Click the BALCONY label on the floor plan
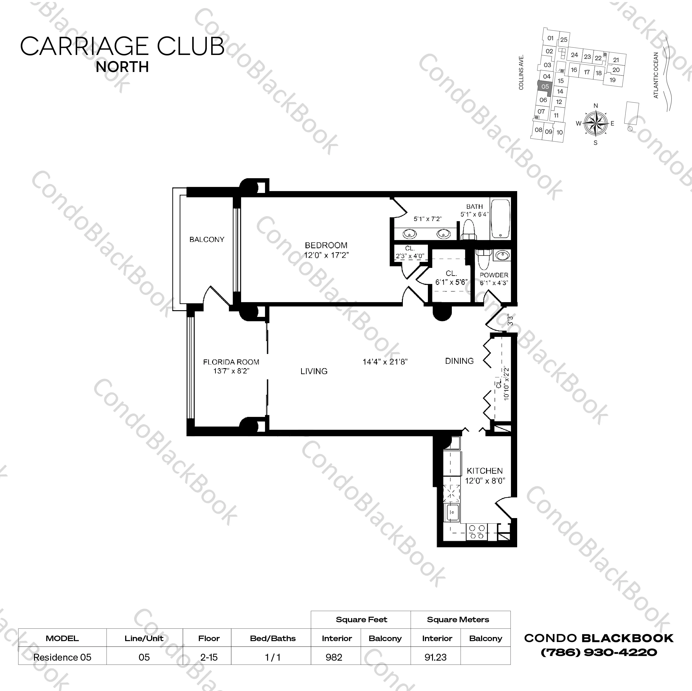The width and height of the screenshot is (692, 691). (207, 240)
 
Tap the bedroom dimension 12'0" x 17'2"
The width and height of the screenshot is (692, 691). (326, 255)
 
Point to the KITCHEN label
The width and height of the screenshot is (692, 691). (485, 471)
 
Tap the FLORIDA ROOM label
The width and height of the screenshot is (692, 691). (231, 362)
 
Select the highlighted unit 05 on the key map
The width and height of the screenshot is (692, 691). (545, 87)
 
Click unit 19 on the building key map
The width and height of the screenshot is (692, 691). (612, 80)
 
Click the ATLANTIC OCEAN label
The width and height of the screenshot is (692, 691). (656, 75)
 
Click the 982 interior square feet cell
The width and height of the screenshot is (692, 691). (334, 657)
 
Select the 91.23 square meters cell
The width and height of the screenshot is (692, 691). (435, 657)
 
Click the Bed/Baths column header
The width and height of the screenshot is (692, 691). (273, 638)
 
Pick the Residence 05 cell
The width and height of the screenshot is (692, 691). (62, 657)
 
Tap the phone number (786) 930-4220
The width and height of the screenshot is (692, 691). (599, 652)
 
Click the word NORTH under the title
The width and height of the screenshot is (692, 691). (122, 67)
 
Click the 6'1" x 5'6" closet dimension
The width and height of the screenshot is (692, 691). (451, 282)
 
